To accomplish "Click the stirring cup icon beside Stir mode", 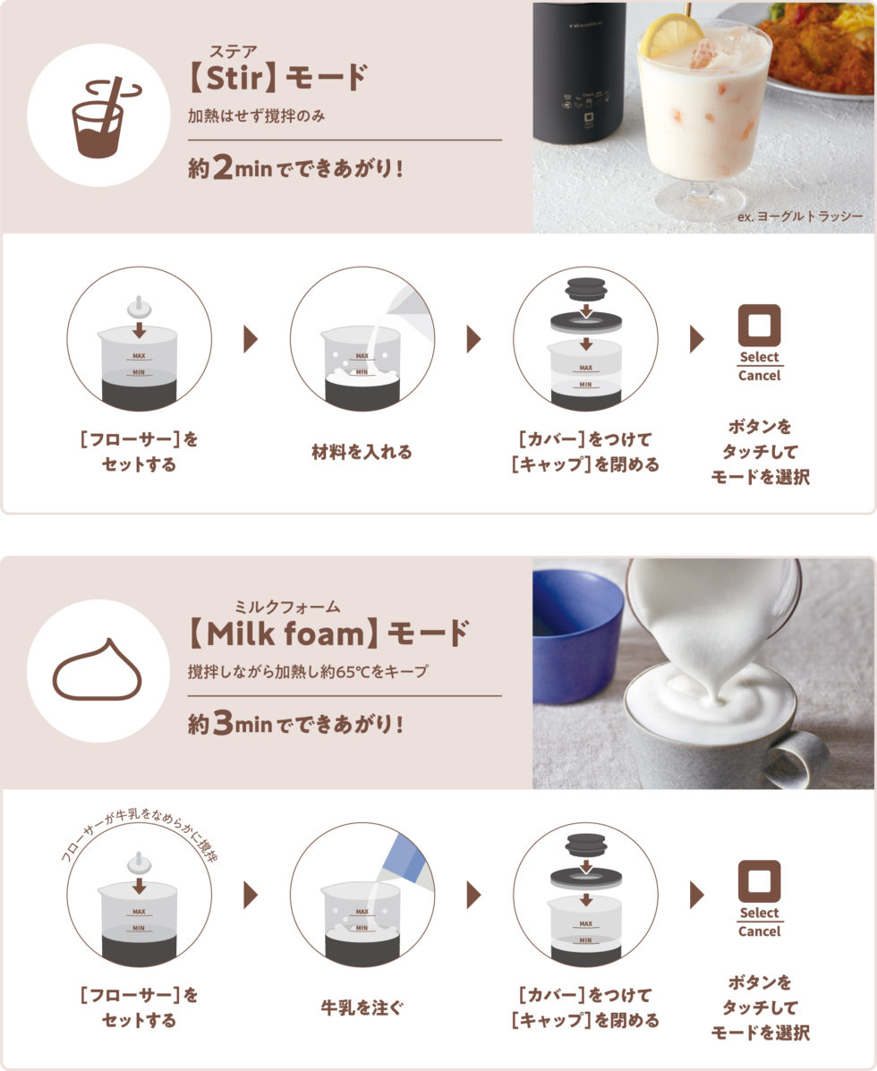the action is click(102, 117).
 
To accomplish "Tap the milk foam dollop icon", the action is click(97, 670).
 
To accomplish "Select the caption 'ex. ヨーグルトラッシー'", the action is click(800, 217).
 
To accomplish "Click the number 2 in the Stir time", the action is click(223, 167).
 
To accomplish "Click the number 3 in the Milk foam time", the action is click(223, 723).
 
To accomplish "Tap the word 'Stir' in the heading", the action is click(234, 78).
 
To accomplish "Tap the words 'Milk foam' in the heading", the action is click(285, 633).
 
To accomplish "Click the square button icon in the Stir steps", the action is click(759, 326).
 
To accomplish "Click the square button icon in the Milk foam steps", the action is click(759, 882).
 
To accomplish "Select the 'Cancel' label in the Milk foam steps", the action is click(759, 931).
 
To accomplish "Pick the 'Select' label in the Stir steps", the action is click(759, 357).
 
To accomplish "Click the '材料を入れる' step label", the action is click(362, 452).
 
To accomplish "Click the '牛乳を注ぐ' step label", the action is click(362, 1007).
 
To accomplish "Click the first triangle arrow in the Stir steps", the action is click(251, 339).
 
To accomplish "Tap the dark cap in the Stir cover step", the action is click(585, 289).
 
